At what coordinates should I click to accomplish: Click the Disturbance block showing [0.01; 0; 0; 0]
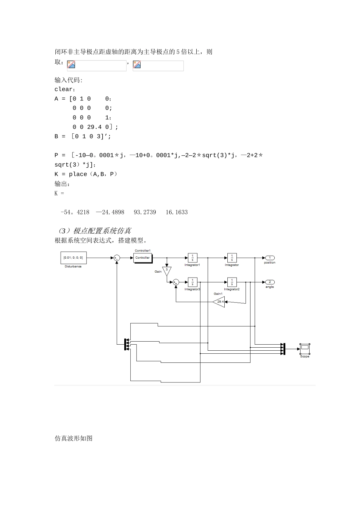74,258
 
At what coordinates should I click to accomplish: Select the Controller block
143,258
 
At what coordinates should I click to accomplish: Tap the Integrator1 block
193,258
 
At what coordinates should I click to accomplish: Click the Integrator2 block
232,282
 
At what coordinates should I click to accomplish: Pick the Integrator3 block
193,282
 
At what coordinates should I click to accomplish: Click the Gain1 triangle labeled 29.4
219,302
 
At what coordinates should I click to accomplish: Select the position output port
270,258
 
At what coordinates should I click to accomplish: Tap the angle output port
270,282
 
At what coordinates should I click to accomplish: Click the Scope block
305,349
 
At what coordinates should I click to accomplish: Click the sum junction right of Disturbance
117,258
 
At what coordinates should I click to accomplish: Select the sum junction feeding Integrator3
176,282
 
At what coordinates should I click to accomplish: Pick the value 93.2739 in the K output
145,212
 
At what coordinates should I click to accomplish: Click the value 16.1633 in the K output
177,212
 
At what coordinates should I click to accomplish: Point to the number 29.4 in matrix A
94,127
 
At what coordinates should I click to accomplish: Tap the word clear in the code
63,89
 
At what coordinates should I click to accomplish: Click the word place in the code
78,174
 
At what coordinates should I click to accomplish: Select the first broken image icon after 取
71,64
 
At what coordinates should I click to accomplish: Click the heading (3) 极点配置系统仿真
95,231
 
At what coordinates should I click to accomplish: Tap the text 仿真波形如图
74,438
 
